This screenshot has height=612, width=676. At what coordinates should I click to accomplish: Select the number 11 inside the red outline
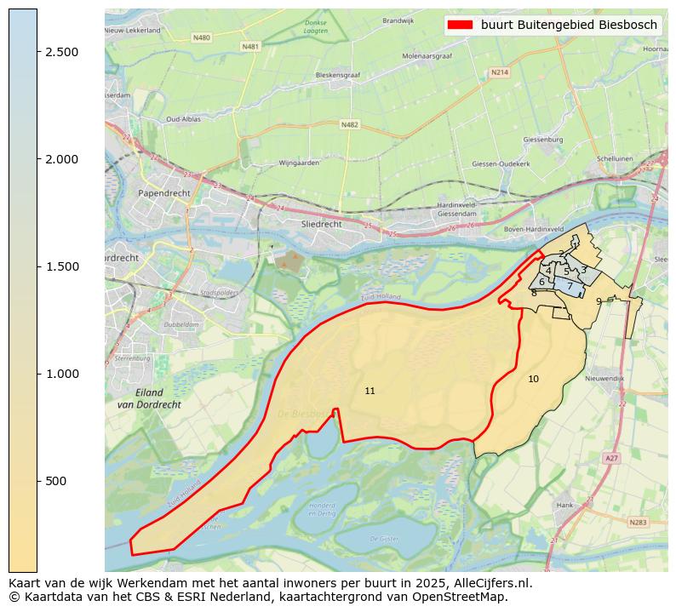370,392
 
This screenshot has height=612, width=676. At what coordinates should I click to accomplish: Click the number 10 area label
533,380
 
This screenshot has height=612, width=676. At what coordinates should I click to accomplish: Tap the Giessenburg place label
543,139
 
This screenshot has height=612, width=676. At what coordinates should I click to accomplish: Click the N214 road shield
500,72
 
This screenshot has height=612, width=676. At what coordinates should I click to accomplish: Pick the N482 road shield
349,125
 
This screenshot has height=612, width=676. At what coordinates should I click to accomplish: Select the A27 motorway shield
610,459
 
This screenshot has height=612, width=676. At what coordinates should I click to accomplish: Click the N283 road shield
638,522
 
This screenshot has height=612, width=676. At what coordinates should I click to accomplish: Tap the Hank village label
564,505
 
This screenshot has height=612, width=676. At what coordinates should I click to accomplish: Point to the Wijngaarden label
299,163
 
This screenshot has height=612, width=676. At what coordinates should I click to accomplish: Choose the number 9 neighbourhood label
599,301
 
